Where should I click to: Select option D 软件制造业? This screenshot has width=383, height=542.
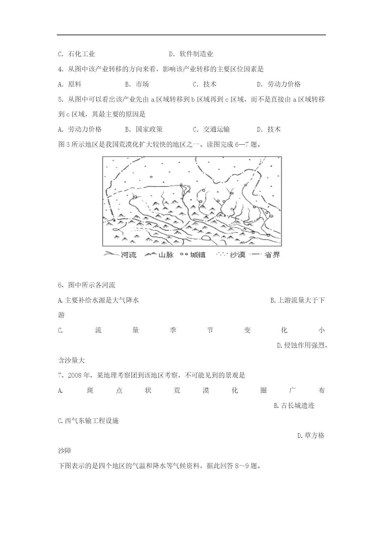pos(191,54)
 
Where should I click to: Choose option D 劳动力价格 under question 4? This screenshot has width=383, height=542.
pos(279,84)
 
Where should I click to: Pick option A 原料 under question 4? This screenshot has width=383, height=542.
pos(70,84)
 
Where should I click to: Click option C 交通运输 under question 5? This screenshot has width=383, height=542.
pos(211,129)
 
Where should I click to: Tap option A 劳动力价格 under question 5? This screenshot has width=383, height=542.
pos(80,129)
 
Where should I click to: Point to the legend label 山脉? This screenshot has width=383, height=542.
pos(166,255)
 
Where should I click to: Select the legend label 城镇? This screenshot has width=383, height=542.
pos(198,255)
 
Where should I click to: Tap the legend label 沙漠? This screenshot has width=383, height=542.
pos(237,255)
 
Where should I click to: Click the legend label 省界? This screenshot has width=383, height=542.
pos(272,255)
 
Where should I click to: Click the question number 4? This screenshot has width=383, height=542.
pos(60,69)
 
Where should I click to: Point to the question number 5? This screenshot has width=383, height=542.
pos(60,99)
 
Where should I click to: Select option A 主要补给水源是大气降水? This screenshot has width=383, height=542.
pos(98,300)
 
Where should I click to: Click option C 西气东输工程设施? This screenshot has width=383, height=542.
pos(88,421)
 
